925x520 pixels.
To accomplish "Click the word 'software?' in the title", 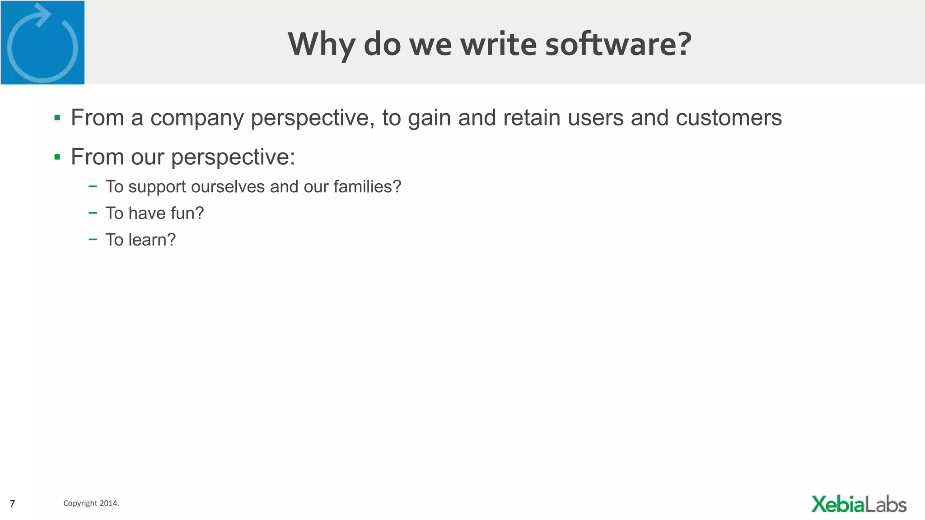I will pos(618,44).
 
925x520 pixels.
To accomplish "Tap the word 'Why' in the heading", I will pos(321,45).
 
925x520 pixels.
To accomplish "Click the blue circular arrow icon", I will pos(42,43).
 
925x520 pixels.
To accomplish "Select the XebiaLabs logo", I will pos(859,504).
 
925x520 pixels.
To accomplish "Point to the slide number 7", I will pos(12,504).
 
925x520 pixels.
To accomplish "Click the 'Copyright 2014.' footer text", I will pos(91,503).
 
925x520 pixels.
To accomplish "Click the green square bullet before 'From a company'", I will pos(57,118).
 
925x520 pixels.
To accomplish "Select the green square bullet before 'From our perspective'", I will pos(57,157).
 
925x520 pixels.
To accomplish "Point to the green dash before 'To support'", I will pos(93,186).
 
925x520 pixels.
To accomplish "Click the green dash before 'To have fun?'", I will pos(93,213).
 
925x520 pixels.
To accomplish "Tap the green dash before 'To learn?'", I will pos(93,239).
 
